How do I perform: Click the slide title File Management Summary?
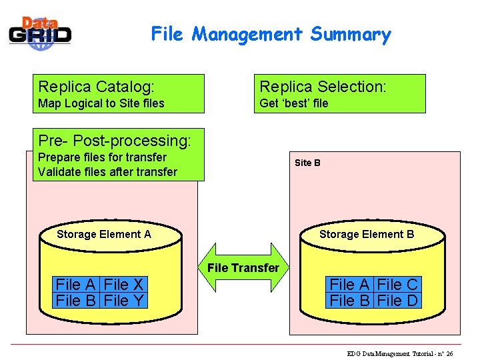click(x=271, y=34)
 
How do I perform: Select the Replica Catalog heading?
click(x=97, y=87)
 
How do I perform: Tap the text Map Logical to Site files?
click(x=101, y=103)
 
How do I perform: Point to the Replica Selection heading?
click(x=323, y=87)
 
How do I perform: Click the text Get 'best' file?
click(x=293, y=103)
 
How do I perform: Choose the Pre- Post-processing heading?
click(x=115, y=141)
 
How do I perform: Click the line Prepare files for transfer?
click(x=102, y=157)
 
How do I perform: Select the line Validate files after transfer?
click(x=107, y=172)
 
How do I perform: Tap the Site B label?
click(x=307, y=163)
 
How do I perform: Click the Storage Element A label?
click(x=104, y=234)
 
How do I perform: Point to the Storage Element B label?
click(x=367, y=234)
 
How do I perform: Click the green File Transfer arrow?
click(x=243, y=267)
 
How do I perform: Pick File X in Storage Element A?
click(x=125, y=285)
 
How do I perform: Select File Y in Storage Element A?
click(x=125, y=301)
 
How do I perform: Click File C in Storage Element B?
click(x=397, y=285)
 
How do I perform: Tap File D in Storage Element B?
click(x=397, y=301)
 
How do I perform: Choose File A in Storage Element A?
click(x=76, y=285)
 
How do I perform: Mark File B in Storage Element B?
click(x=350, y=301)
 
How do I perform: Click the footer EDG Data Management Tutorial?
click(x=400, y=353)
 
